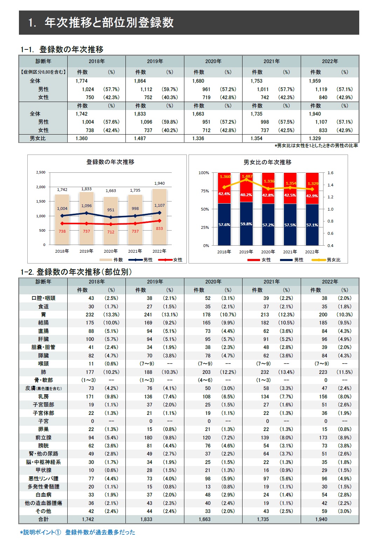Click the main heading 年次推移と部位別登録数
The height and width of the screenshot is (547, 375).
pos(109,22)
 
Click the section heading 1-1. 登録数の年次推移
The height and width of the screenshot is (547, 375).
pos(62,49)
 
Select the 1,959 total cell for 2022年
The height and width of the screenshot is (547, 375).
pos(315,81)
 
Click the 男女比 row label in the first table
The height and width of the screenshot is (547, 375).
pos(37,138)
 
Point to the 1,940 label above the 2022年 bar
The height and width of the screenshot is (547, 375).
pos(159,183)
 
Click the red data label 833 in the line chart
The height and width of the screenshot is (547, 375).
pos(159,228)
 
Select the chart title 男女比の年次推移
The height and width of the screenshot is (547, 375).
pos(267,162)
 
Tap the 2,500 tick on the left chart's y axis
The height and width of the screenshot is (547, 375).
pos(41,172)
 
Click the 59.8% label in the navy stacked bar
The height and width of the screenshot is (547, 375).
pos(246,224)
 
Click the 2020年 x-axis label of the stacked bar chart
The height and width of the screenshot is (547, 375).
pos(268,252)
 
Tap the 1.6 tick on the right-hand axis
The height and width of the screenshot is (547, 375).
pos(330,173)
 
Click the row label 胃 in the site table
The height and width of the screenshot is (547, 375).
pos(43,315)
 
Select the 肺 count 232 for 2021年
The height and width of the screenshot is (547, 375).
pos(265,372)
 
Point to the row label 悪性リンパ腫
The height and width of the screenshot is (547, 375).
pos(43,479)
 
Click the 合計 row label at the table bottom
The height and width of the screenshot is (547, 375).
pos(43,519)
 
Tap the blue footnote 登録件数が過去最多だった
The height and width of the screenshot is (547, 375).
pos(100,532)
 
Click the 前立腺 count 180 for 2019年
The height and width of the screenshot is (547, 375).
pos(148,438)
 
